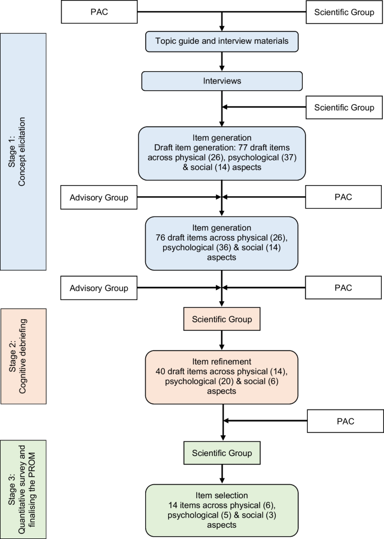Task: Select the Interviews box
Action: pyautogui.click(x=223, y=80)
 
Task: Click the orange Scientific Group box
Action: pyautogui.click(x=223, y=319)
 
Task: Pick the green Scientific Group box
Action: pyautogui.click(x=223, y=452)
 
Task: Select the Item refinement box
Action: pyautogui.click(x=223, y=377)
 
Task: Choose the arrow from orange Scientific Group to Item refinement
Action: pyautogui.click(x=223, y=339)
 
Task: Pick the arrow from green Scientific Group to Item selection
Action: pyautogui.click(x=223, y=473)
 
